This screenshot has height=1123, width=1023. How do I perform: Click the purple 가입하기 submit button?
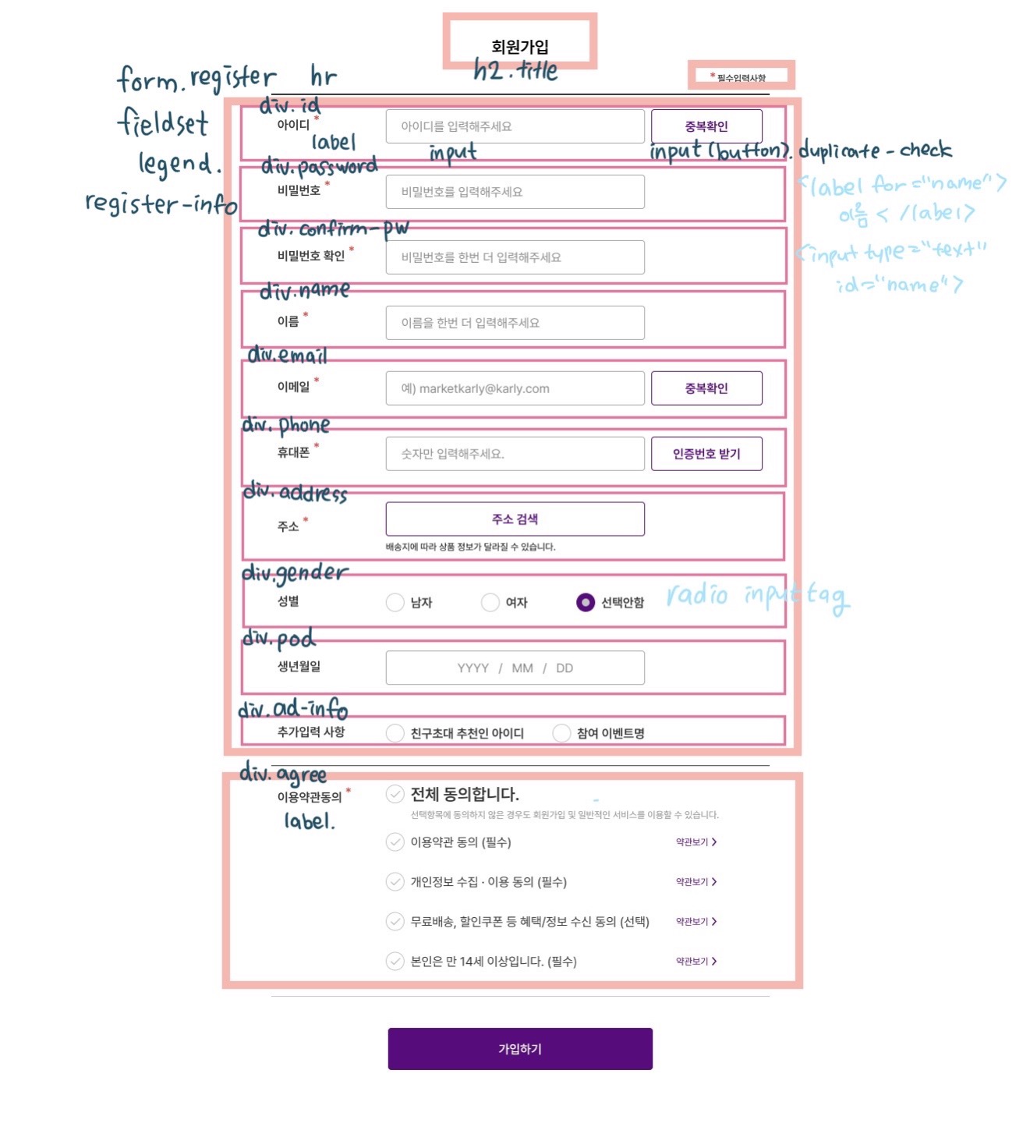click(x=520, y=1049)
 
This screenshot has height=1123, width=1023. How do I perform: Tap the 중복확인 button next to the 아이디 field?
click(x=706, y=126)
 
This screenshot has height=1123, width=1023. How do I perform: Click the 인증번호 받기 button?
click(x=706, y=454)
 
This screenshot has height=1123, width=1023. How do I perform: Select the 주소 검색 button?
click(x=515, y=519)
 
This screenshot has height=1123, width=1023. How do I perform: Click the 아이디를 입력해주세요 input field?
click(x=515, y=126)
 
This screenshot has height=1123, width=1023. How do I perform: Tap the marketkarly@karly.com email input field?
click(x=515, y=388)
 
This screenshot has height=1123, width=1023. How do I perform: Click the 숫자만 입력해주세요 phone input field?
click(x=515, y=454)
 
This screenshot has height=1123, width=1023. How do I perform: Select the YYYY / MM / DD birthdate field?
click(x=515, y=668)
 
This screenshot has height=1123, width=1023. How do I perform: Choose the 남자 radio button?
click(x=395, y=603)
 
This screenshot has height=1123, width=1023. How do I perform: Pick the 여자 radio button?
click(x=490, y=603)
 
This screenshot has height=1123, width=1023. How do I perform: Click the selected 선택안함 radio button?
click(x=586, y=603)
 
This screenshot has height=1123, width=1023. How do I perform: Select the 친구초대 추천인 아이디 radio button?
click(x=395, y=733)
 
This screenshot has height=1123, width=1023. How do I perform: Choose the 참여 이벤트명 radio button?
click(x=561, y=733)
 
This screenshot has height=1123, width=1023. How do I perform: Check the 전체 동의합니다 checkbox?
click(x=395, y=795)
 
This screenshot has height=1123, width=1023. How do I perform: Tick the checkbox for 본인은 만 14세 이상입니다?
click(x=395, y=962)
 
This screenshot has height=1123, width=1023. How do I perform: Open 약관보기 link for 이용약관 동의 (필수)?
click(x=696, y=842)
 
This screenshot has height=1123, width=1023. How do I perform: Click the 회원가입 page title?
click(x=520, y=47)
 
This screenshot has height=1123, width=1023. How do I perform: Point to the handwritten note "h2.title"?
click(x=515, y=71)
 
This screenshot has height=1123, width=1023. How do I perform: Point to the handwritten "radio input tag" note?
click(x=757, y=597)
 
